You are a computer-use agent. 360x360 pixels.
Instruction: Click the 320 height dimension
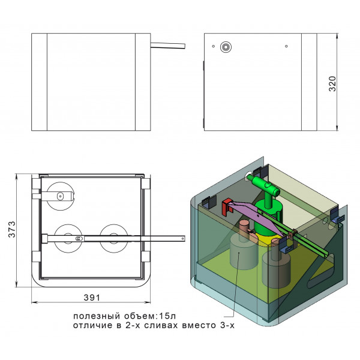(332, 84)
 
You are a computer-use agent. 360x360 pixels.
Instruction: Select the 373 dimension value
(12, 229)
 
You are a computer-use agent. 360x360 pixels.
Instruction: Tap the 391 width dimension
(92, 298)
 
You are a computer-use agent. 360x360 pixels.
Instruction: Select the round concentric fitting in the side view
(226, 47)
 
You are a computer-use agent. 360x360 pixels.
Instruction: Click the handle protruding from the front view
(168, 46)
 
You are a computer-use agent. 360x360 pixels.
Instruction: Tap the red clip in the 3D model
(227, 206)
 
